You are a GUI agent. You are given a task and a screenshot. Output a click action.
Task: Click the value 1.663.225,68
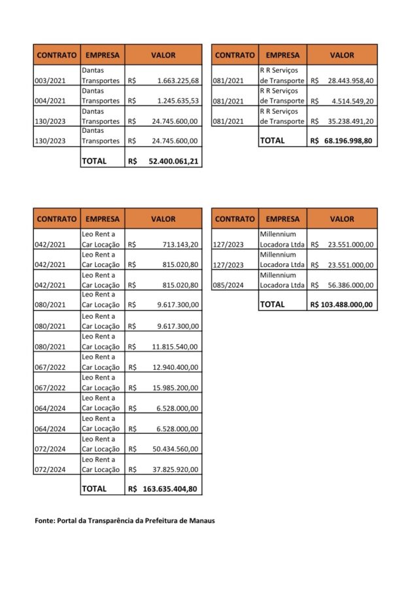pos(178,81)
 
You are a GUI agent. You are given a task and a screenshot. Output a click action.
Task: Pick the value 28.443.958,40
pos(351,81)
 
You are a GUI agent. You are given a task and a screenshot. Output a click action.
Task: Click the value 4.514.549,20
pos(353,101)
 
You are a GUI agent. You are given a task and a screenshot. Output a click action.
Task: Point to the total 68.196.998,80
pos(351,140)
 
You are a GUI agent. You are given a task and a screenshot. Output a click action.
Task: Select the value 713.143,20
pos(180,245)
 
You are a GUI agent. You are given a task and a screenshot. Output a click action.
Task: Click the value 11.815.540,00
pos(175,347)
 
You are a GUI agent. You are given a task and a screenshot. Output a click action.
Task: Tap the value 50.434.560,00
pos(175,449)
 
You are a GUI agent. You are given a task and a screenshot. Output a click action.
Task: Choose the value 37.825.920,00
pos(175,469)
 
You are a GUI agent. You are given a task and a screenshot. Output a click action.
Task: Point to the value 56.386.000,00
pos(351,285)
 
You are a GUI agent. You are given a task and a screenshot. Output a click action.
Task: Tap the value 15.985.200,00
pos(175,387)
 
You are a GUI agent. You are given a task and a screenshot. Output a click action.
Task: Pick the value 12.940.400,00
pos(175,367)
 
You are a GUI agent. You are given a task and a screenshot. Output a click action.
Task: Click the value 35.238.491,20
pos(351,121)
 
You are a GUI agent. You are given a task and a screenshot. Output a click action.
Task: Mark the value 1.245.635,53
pos(178,101)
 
